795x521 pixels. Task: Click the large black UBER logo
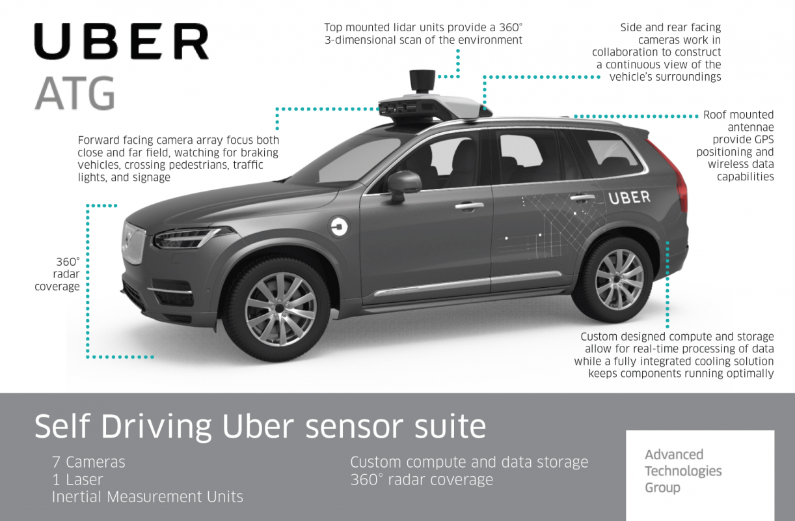click(121, 42)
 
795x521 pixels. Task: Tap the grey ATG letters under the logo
click(75, 93)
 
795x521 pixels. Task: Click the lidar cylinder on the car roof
click(422, 81)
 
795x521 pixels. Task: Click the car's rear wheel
click(618, 278)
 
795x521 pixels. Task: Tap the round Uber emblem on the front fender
click(340, 227)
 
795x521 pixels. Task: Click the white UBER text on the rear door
click(628, 197)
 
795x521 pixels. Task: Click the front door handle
click(469, 206)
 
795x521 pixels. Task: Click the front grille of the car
click(134, 242)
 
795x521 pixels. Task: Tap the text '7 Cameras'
click(88, 462)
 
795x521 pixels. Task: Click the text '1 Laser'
click(77, 480)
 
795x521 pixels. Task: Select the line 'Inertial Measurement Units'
click(148, 497)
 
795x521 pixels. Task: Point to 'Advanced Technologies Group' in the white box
click(683, 471)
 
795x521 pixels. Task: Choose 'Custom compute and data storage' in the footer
click(469, 462)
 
